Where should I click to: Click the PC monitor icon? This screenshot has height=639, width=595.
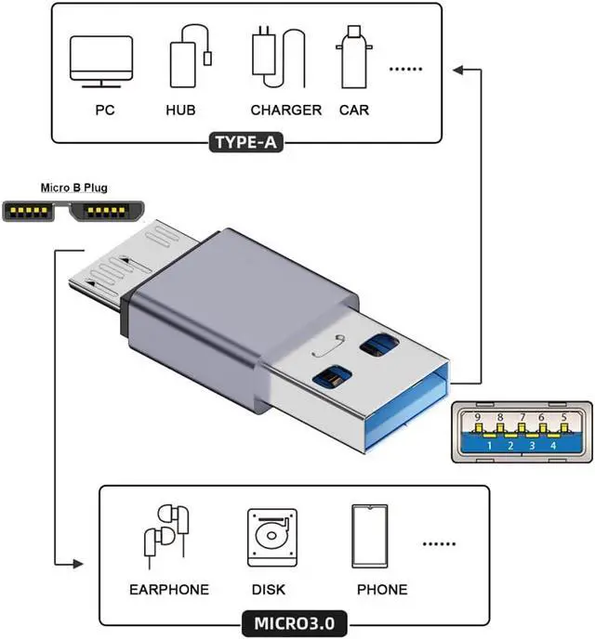[x=101, y=60]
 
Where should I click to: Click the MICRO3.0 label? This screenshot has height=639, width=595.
[x=296, y=619]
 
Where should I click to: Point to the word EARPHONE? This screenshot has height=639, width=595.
[x=169, y=589]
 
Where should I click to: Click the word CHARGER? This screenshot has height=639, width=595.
[x=285, y=110]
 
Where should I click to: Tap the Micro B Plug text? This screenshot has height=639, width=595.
[x=73, y=188]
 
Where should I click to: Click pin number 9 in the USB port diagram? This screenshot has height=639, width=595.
[x=478, y=418]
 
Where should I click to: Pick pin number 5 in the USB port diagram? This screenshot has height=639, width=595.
[x=564, y=418]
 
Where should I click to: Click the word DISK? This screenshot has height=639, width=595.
[x=269, y=589]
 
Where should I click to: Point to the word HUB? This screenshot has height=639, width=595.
[x=180, y=110]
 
